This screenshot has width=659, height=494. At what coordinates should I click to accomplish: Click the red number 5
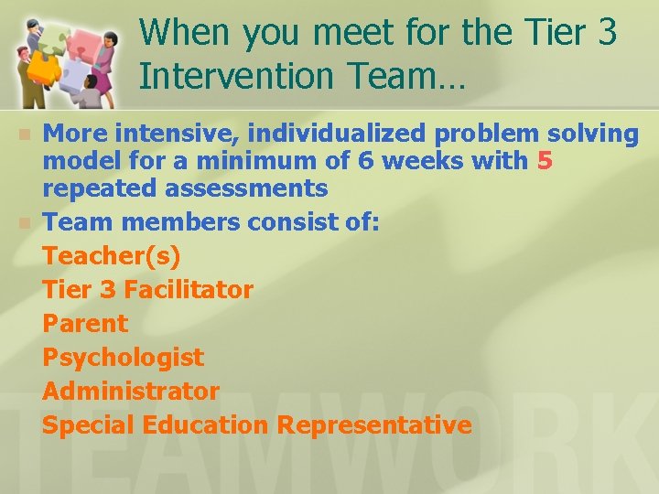click(546, 162)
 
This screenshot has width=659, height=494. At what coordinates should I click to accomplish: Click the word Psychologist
click(123, 358)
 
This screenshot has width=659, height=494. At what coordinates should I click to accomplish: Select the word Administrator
click(131, 392)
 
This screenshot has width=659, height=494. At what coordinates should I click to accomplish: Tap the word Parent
click(85, 324)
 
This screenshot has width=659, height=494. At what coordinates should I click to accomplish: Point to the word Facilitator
click(188, 290)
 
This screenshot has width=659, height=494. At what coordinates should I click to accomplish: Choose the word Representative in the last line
click(374, 425)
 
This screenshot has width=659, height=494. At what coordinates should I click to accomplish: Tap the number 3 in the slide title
click(606, 33)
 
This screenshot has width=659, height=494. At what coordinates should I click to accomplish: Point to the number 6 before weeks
click(364, 162)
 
